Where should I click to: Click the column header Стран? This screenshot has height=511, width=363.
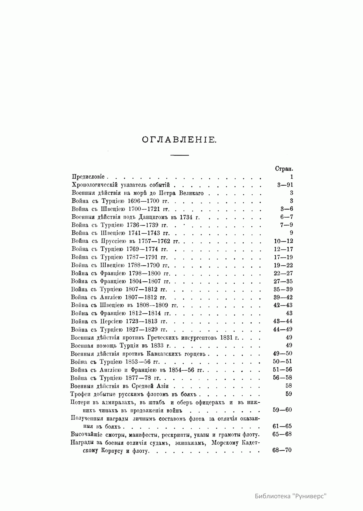283,169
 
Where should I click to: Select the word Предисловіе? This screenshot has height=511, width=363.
88,177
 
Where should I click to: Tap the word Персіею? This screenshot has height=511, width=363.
110,321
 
